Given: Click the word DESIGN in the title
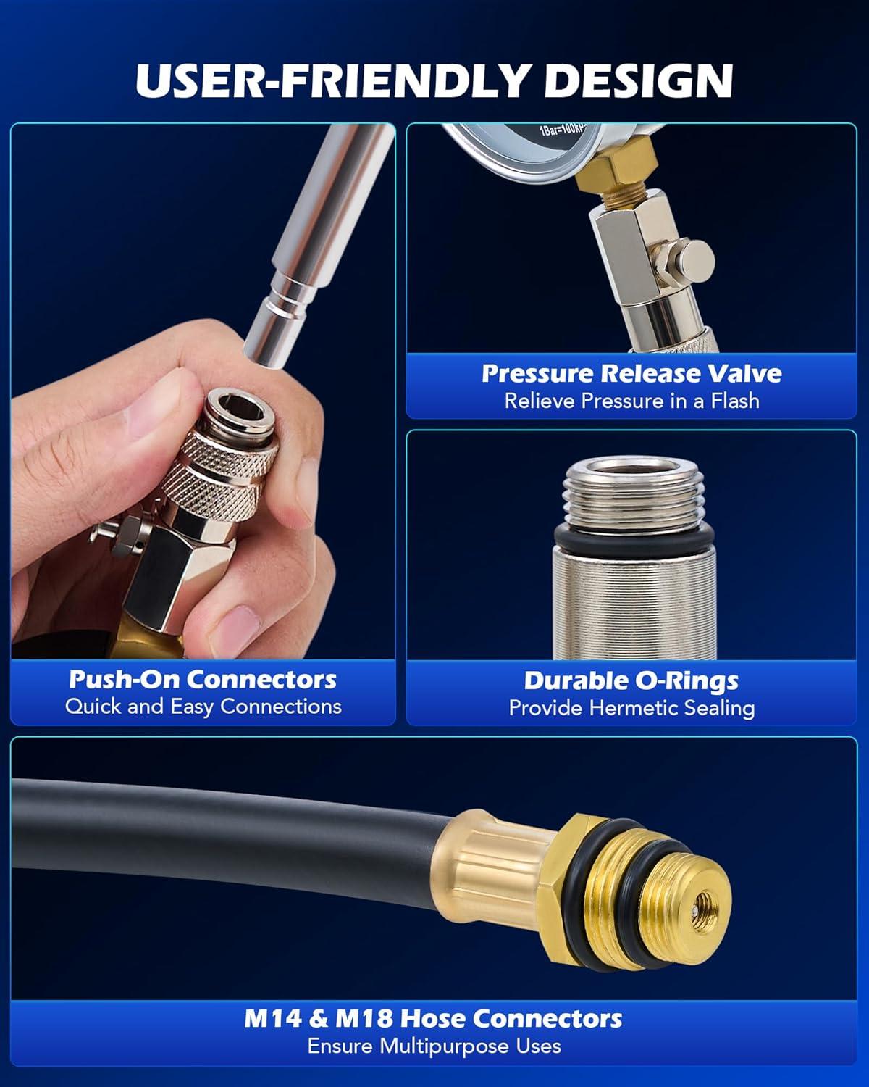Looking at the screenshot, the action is click(638, 81).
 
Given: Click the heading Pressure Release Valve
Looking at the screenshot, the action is click(631, 373).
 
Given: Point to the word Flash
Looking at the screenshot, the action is click(735, 401).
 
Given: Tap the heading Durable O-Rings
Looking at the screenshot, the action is click(631, 681).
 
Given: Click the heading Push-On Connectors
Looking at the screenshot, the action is click(203, 680).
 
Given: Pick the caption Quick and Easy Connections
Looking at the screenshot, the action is click(203, 706).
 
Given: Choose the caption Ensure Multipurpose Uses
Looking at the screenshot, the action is click(434, 1046).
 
